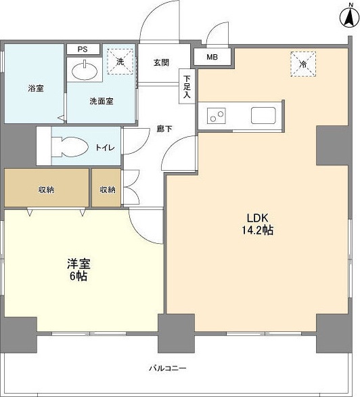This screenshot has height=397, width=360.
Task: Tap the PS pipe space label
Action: click(83, 49)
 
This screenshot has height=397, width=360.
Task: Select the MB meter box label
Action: click(212, 58)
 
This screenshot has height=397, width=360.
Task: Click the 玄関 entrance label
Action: click(161, 62)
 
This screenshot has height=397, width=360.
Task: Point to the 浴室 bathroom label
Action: click(36, 89)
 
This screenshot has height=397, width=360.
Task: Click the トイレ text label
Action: click(104, 147)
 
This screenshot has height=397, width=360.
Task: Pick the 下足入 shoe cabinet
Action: click(187, 87)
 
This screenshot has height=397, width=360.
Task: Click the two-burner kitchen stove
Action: click(217, 116)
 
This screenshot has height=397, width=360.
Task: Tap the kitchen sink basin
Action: click(263, 115)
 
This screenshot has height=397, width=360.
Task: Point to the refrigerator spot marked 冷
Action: click(301, 63)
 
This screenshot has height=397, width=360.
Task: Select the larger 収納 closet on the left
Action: click(47, 190)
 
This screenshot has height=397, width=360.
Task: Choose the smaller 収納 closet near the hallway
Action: click(108, 190)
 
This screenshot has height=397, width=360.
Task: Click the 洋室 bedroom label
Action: click(76, 264)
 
